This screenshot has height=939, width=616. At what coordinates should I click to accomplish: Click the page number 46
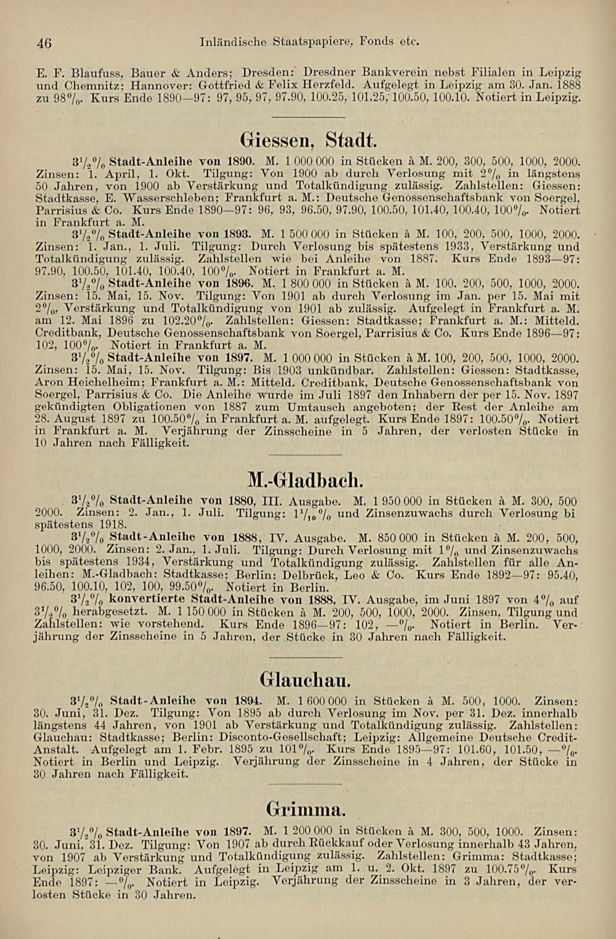click(43, 43)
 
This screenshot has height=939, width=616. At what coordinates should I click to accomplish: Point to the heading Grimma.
click(306, 808)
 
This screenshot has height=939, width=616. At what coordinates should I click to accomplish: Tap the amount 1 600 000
click(320, 701)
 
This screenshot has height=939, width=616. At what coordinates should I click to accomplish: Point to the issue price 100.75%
click(512, 869)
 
